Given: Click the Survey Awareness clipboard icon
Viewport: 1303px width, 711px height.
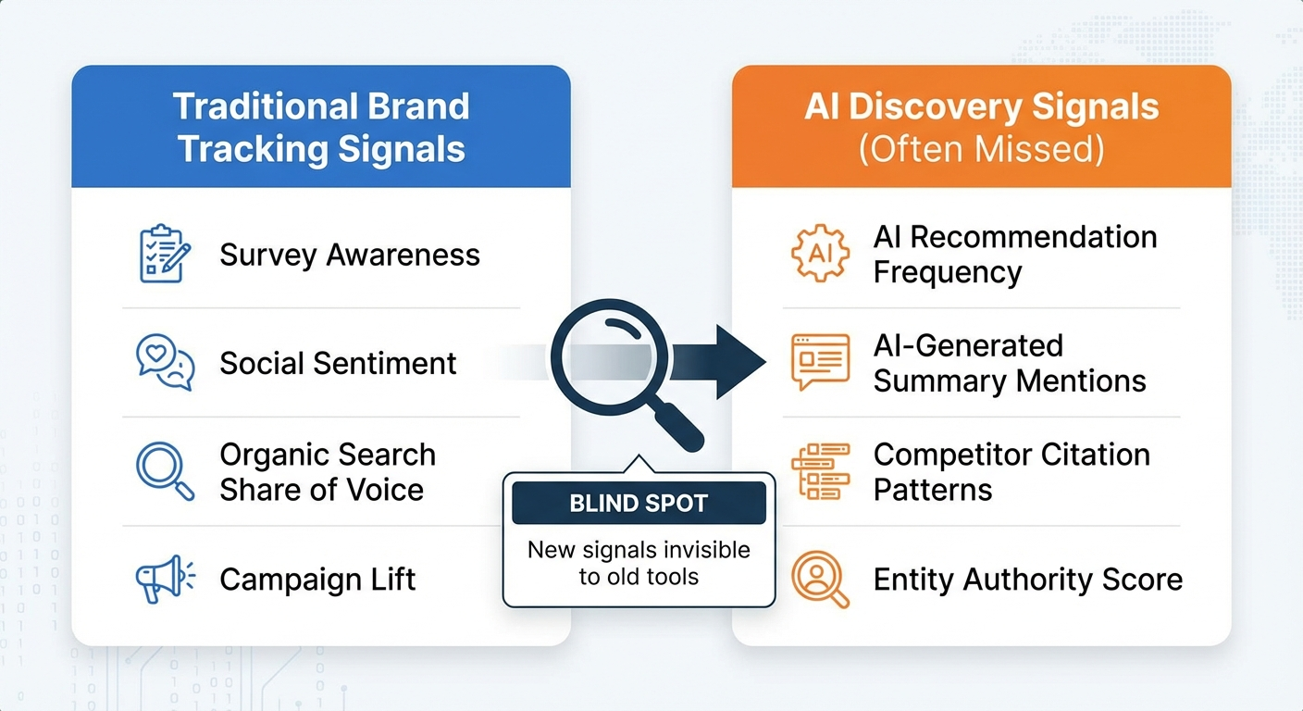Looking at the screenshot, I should tap(164, 254).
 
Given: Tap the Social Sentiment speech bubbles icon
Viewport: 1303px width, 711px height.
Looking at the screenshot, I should tap(165, 362).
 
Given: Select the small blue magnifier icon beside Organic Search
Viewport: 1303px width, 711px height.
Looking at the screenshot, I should tap(165, 471).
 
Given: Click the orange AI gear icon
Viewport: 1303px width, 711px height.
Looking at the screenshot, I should tap(820, 253).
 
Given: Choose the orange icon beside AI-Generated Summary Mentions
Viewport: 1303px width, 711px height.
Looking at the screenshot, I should tap(820, 362).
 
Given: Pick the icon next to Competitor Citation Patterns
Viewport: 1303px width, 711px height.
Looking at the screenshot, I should tap(820, 471).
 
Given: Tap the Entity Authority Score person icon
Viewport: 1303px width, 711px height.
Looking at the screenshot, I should tap(820, 580).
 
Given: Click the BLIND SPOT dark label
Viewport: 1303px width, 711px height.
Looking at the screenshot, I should tap(639, 504).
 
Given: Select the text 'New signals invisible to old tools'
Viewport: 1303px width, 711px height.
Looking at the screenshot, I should tap(639, 564).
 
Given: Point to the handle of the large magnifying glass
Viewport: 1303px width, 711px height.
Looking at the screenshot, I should tap(680, 428).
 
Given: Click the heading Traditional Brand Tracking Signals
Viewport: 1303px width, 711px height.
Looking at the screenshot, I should tap(321, 127).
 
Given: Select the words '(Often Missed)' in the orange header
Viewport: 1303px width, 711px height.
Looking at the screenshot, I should tap(981, 150).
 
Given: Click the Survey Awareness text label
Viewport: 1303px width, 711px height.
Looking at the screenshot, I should tap(350, 255).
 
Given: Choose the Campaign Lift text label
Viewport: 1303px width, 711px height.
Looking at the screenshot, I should tap(317, 580).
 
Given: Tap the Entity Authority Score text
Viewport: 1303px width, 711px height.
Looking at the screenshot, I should tap(1027, 580).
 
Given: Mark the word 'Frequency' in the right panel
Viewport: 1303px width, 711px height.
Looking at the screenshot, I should tap(947, 273).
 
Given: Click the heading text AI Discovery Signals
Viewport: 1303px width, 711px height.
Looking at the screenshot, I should tap(981, 107).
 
